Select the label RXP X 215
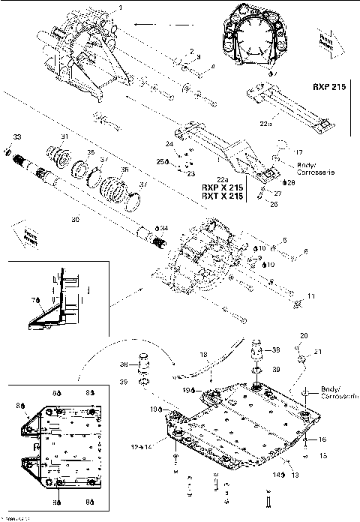221,187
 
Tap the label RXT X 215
221,196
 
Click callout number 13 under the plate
294,475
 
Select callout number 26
273,202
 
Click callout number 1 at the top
121,7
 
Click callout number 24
169,144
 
